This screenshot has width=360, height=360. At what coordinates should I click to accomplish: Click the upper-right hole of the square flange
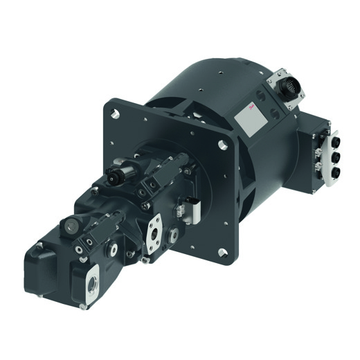click(221, 145)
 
